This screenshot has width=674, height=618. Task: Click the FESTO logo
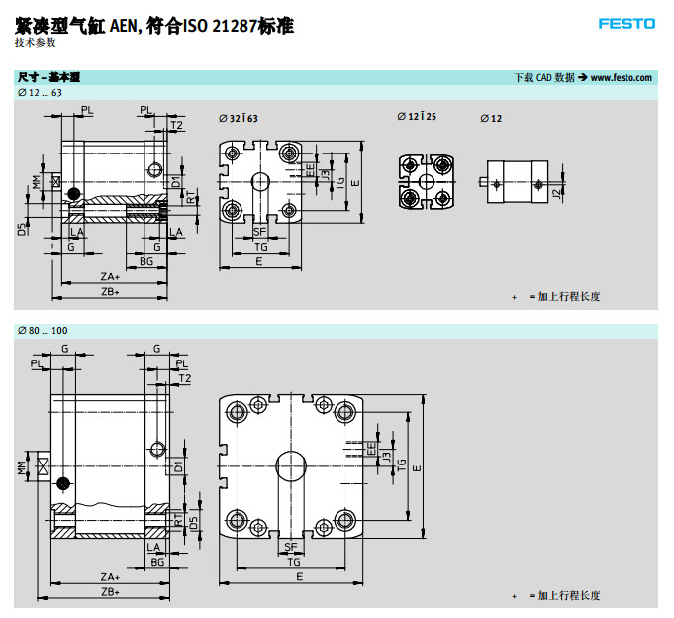626,23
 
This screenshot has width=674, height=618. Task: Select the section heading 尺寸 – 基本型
48,77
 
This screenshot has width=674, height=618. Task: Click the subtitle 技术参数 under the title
36,43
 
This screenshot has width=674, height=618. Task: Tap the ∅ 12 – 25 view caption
417,118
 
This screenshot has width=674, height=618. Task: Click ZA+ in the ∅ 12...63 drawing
110,277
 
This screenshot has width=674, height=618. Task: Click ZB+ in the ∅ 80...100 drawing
110,591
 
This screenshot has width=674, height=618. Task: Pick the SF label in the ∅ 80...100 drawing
291,547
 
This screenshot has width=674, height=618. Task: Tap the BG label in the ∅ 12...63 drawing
146,261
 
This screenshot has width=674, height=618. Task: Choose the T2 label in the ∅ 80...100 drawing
184,378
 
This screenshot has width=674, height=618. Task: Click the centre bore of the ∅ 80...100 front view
290,465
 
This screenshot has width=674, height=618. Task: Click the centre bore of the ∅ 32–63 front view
260,182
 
